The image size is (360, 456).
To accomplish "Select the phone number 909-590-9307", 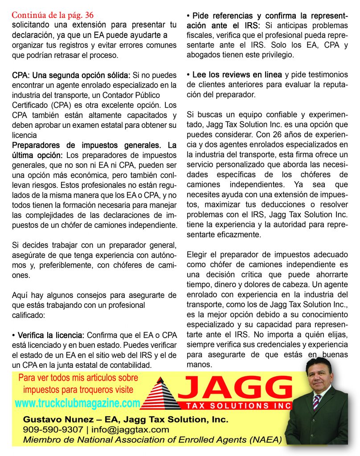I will [53, 430].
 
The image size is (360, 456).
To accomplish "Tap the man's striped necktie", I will [317, 402].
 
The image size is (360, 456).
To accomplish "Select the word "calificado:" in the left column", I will [30, 314].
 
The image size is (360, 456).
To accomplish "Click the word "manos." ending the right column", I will [200, 364].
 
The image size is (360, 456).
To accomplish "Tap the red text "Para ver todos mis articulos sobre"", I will [78, 378].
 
